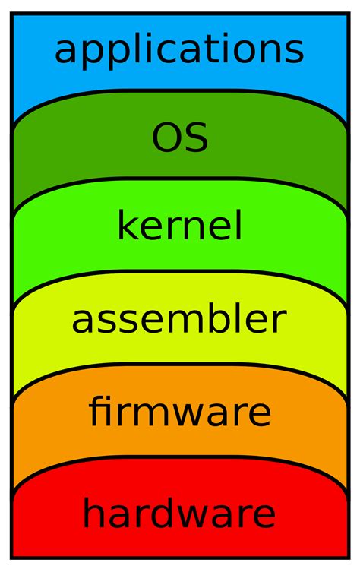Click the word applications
(x=179, y=50)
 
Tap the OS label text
(x=180, y=138)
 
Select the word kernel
(x=180, y=226)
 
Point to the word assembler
(x=179, y=320)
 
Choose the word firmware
(x=180, y=412)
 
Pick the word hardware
(x=179, y=514)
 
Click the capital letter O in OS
(x=166, y=138)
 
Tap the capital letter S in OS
(x=196, y=138)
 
